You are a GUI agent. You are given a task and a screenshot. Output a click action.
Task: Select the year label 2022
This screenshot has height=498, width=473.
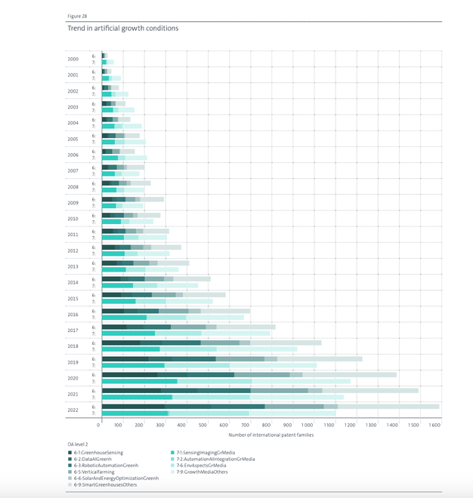[x=73, y=410]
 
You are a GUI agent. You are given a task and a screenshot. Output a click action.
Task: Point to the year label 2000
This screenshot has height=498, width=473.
[x=73, y=58]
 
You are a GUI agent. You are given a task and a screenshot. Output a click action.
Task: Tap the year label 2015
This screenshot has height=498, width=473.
[x=73, y=298]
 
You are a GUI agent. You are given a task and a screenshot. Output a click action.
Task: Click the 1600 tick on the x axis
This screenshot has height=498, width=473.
[x=434, y=426]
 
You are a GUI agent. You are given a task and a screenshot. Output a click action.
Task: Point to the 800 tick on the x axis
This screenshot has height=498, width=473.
[x=267, y=426]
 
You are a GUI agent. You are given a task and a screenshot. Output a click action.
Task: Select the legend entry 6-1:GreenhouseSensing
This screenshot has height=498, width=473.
[x=98, y=452]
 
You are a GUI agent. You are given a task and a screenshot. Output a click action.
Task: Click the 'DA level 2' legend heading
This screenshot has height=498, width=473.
[x=79, y=444]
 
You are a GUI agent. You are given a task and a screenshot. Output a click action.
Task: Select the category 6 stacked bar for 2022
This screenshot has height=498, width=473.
[x=271, y=406]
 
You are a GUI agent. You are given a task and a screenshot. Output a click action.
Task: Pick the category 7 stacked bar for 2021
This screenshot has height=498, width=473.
[x=223, y=397]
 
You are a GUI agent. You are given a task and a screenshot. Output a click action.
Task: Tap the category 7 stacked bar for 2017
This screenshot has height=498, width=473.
[x=186, y=333]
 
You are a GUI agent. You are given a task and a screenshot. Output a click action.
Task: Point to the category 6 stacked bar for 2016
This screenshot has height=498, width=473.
[x=176, y=310]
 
